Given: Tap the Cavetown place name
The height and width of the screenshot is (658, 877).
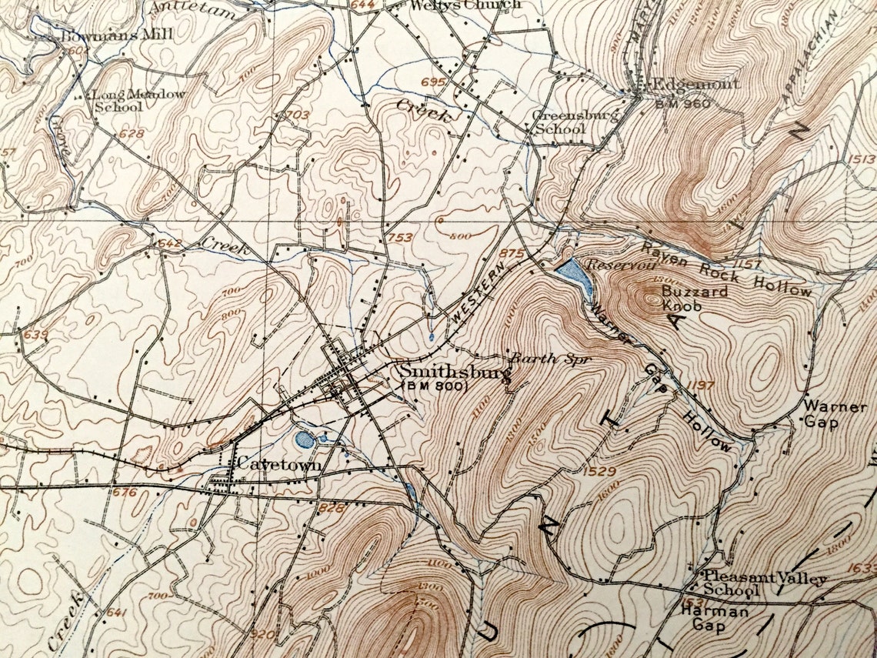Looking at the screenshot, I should coord(278,465).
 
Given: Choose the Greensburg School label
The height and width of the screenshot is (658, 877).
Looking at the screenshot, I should coord(565,122).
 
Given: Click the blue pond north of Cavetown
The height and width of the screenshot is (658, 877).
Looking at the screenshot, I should coord(305,440).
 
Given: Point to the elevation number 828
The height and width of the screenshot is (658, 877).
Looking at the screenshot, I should coord(331,508).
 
